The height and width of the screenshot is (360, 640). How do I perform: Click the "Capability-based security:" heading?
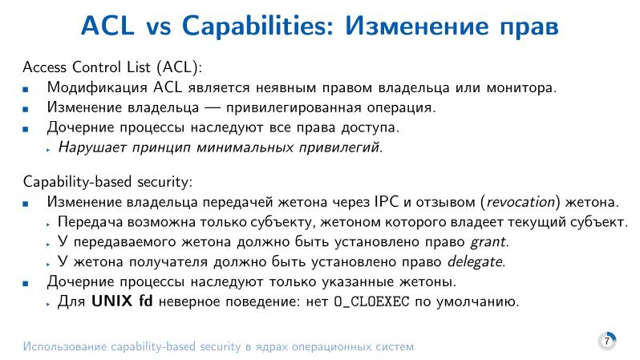click(108, 181)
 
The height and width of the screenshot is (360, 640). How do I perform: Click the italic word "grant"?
click(488, 241)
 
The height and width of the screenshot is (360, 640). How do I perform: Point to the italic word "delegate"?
click(479, 261)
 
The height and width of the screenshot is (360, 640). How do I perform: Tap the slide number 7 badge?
click(607, 341)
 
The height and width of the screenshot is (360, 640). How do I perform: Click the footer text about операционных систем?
click(219, 347)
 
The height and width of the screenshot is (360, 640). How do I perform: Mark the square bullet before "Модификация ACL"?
click(27, 87)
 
